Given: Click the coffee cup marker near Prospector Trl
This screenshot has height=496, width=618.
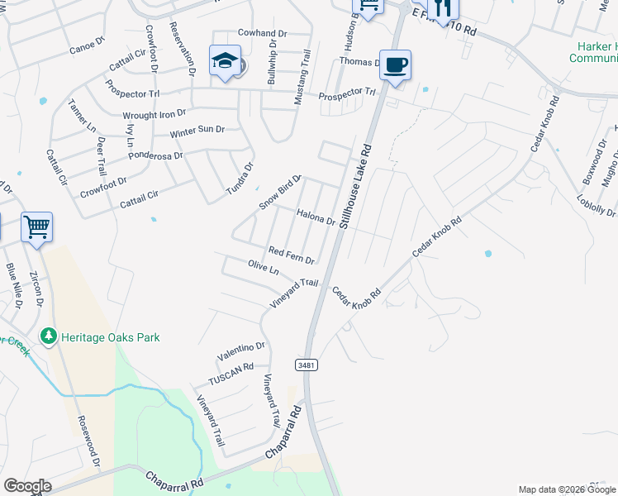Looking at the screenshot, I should click(395, 64).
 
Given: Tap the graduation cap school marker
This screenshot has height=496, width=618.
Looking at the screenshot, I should click(225, 60).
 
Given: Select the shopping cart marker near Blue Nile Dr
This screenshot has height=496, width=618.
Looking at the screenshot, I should click(37, 226).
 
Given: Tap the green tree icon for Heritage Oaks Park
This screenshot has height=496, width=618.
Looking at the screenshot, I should click(49, 336).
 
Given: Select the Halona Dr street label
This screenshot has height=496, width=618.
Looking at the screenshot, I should click(315, 216).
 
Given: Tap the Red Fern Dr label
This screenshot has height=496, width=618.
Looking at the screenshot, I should click(292, 255).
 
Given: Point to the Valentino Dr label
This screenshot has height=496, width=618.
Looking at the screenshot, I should click(241, 351).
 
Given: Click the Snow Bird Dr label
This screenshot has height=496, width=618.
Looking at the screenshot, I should click(282, 192).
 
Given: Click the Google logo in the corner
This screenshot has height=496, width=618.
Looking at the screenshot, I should click(27, 486).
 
